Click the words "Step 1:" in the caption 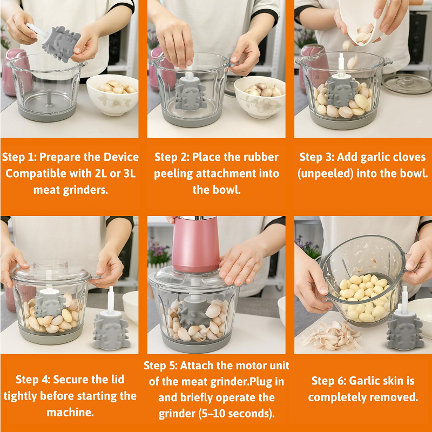[19, 157]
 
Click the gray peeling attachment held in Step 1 [60, 43]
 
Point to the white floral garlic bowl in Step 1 [112, 94]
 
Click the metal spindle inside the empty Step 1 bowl [49, 97]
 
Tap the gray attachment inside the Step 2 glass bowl [190, 93]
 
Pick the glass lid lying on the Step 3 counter [407, 83]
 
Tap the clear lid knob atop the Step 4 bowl [51, 266]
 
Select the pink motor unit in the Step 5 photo [195, 244]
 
